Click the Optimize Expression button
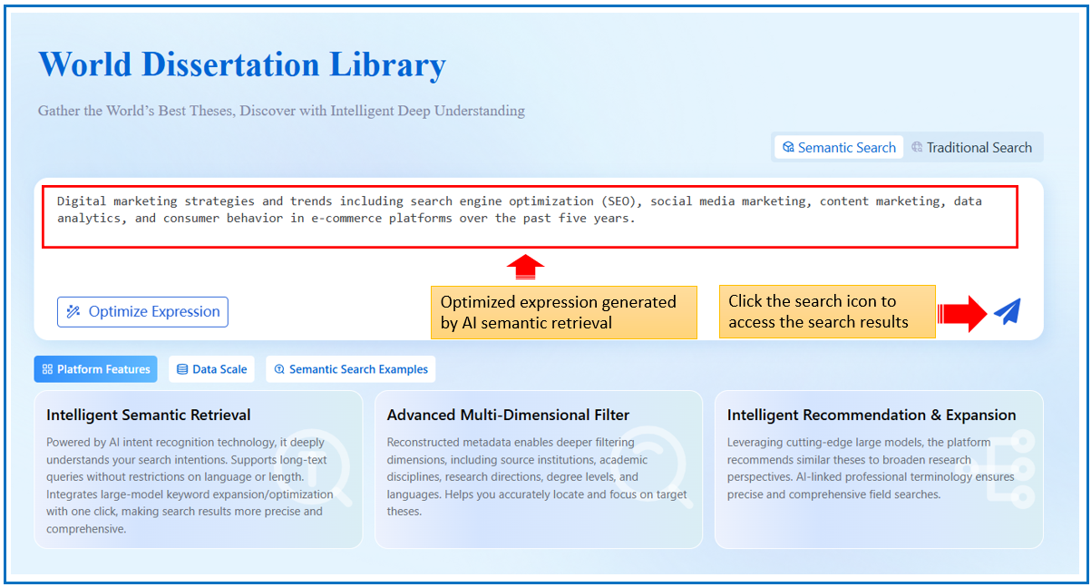[x=142, y=312]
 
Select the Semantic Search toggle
[x=839, y=147]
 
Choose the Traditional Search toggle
[x=971, y=147]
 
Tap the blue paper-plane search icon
[x=1008, y=312]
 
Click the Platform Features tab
[x=95, y=369]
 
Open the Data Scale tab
[x=211, y=369]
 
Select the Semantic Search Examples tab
[x=351, y=369]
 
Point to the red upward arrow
[x=525, y=267]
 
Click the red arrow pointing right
[x=962, y=314]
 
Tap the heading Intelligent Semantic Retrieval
[x=148, y=415]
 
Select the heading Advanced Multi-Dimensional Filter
[x=508, y=415]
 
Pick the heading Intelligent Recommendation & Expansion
[x=872, y=415]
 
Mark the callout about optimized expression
[x=564, y=312]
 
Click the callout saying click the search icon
[x=827, y=312]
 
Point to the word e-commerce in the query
[x=346, y=219]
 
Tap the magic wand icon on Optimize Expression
[x=73, y=311]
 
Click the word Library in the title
[x=387, y=65]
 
